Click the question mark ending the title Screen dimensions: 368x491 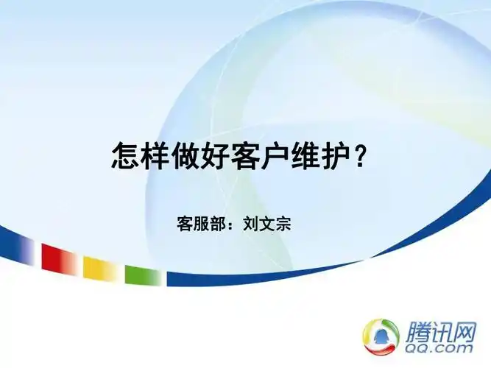(360, 157)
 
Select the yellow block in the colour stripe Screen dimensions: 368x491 (99, 267)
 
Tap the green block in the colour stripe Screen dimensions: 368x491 (142, 275)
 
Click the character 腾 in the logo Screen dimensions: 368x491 (417, 329)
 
